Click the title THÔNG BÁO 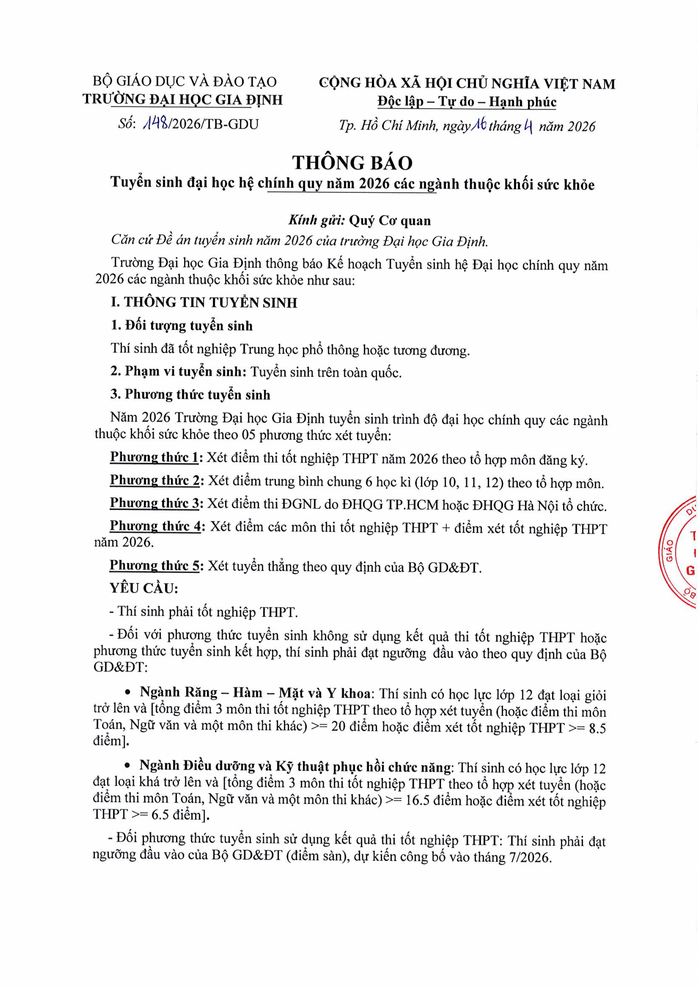click(x=352, y=163)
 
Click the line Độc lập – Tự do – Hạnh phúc click(x=467, y=102)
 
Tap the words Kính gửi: click(x=317, y=220)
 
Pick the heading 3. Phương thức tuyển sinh click(x=190, y=395)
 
